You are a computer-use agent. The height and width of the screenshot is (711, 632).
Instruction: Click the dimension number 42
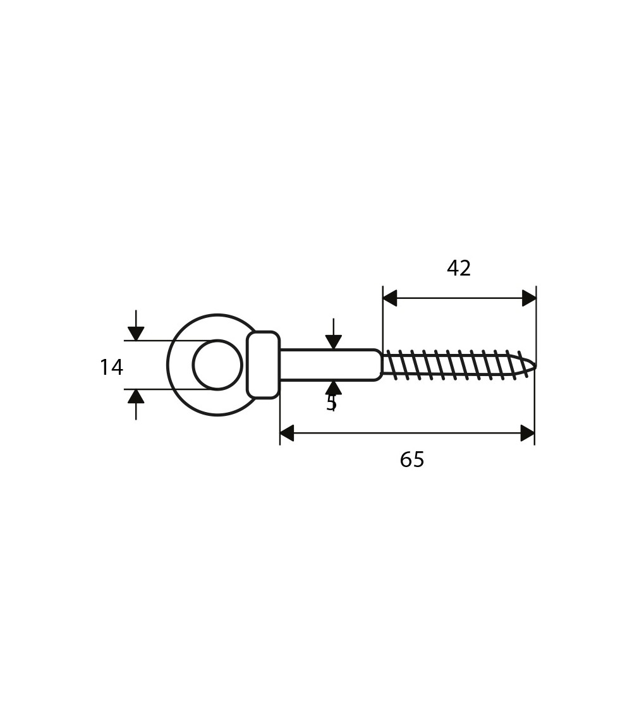pos(459,268)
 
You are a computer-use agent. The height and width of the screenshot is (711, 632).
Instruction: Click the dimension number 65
pos(412,459)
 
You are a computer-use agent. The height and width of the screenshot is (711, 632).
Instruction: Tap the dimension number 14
pos(111,367)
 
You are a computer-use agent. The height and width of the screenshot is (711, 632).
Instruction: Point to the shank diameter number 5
pos(331,403)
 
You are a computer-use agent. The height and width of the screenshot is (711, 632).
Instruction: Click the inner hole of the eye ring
pos(217,365)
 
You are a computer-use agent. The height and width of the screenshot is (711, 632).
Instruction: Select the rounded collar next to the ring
pos(264,365)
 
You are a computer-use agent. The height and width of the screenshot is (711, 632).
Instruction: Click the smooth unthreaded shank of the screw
pos(330,365)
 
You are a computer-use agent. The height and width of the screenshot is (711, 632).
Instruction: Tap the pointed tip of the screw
pos(535,365)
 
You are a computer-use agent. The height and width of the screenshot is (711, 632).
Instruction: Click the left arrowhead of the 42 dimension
pos(390,298)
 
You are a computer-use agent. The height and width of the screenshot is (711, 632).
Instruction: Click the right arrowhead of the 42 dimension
pos(529,298)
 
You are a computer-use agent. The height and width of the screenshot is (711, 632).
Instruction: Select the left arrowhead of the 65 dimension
pos(287,433)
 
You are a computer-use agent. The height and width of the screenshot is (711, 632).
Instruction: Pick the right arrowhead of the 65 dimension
pos(528,433)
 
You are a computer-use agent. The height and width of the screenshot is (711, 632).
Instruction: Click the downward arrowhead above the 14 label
pos(136,333)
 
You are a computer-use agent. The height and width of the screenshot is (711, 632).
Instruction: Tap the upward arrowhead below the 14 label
pos(136,396)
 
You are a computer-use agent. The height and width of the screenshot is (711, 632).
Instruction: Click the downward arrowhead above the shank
pos(334,342)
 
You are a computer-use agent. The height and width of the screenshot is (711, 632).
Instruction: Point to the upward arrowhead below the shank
pos(334,387)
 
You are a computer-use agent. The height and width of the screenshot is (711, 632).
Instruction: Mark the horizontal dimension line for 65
pos(407,433)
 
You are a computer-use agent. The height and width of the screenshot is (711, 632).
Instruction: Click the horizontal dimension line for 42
pos(459,298)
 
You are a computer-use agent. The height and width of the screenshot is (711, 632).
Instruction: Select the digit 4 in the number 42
pos(453,268)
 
